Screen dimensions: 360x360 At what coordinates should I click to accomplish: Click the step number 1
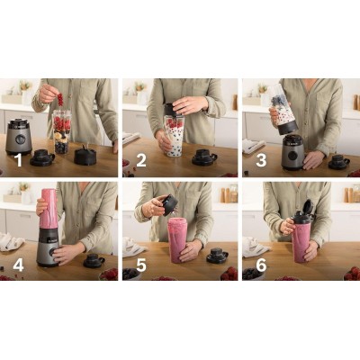[x=17, y=162]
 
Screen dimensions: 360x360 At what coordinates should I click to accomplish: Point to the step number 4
[x=17, y=266]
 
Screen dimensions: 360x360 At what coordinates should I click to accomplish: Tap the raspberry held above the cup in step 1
[x=60, y=100]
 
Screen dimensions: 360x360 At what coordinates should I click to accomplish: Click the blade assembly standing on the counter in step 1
[x=85, y=156]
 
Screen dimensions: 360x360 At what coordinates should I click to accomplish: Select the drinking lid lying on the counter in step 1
[x=42, y=158]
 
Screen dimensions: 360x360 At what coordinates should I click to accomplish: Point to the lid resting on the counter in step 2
[x=204, y=157]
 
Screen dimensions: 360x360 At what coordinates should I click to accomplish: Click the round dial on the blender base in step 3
[x=292, y=154]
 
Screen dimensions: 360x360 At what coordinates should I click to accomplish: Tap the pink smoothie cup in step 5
[x=179, y=240]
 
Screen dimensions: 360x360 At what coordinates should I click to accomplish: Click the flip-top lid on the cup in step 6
[x=304, y=212]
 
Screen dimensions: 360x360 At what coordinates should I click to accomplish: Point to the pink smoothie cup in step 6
[x=301, y=241]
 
